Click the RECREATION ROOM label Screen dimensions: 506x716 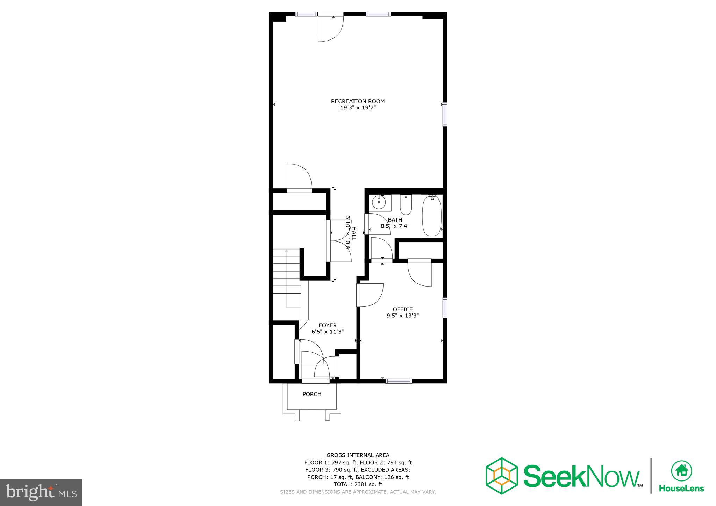click(x=358, y=101)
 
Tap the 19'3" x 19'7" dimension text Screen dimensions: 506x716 click(x=358, y=108)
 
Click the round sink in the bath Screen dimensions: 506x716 click(x=379, y=202)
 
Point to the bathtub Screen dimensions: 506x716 click(x=432, y=216)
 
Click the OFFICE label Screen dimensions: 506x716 click(x=402, y=309)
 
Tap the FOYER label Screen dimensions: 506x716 click(x=328, y=325)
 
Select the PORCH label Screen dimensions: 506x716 click(x=312, y=394)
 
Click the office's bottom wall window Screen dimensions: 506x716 click(x=399, y=381)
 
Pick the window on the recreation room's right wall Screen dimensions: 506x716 click(x=445, y=114)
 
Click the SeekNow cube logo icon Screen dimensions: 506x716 click(x=501, y=476)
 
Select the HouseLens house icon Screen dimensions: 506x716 click(x=681, y=471)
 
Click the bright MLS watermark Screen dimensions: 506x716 click(x=41, y=492)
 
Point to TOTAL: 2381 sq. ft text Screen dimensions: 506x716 click(x=358, y=484)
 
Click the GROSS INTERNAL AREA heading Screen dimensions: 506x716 click(x=358, y=455)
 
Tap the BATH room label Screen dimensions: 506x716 click(x=395, y=220)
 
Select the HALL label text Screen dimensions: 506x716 click(x=354, y=233)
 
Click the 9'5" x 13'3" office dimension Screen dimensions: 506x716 click(x=402, y=316)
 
